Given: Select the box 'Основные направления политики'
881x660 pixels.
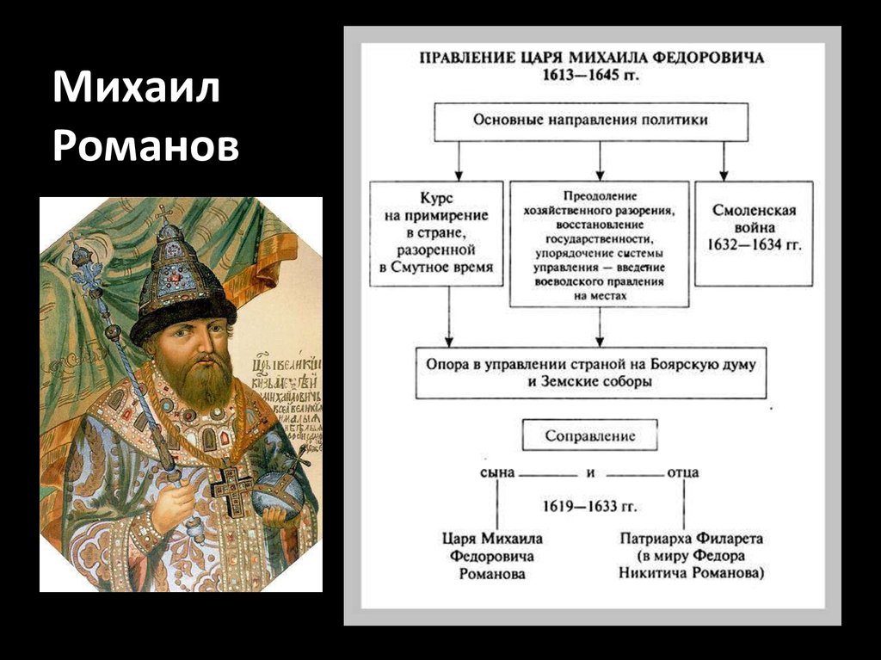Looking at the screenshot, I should tap(590, 121).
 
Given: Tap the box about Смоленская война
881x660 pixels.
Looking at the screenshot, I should tap(754, 232).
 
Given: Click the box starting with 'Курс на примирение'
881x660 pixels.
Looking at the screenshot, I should tap(436, 232).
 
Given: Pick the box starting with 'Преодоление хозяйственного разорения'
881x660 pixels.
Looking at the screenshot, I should tap(599, 244).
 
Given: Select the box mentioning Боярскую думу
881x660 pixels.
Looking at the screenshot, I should tap(590, 373).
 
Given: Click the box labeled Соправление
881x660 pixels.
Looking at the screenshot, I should tap(590, 435).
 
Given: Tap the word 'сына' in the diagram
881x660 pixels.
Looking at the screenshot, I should tap(497, 472).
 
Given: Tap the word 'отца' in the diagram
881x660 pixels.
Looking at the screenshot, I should tap(682, 472).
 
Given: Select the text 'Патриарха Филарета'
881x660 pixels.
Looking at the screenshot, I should tap(691, 539).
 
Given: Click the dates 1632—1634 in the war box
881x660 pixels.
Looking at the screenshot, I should tap(754, 245).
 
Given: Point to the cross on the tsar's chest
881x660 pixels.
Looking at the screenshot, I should tap(231, 489).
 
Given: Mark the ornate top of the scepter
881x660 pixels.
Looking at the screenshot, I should tap(84, 262).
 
